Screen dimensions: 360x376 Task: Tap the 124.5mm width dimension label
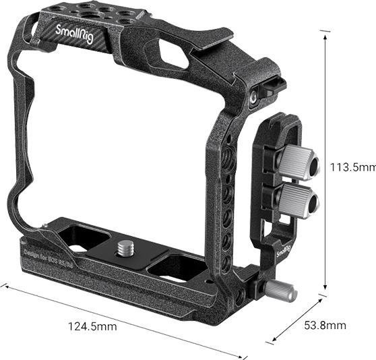click(x=92, y=326)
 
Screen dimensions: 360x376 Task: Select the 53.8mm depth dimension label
click(x=325, y=326)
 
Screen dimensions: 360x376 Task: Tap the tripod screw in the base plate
click(x=125, y=247)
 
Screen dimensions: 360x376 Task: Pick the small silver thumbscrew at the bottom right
click(x=278, y=291)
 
